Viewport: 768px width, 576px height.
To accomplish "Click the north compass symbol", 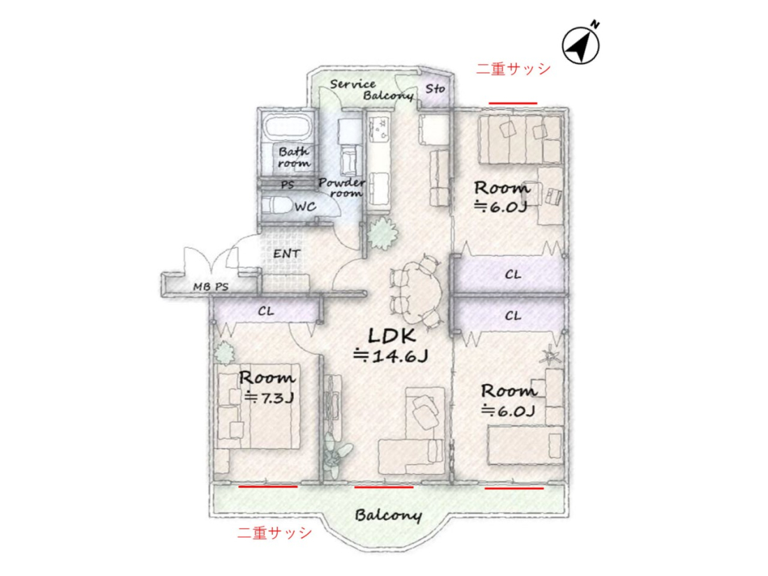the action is (x=580, y=44).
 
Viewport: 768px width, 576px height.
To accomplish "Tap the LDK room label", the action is (x=392, y=336).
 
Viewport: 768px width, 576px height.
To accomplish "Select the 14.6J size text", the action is (x=391, y=355).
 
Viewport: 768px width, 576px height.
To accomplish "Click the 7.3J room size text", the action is (x=269, y=397).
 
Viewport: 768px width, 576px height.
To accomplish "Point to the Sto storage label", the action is (x=435, y=89).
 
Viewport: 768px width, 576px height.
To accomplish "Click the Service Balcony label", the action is (x=371, y=89).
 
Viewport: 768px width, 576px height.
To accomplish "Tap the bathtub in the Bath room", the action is (x=288, y=128).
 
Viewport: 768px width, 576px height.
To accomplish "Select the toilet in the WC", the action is (x=275, y=205).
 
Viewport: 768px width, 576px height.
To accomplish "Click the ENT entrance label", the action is (x=286, y=253).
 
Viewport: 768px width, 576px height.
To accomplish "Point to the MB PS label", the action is (x=211, y=286).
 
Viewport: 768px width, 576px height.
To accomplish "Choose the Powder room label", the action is (x=341, y=188).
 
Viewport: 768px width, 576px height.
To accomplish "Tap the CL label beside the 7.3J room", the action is (x=266, y=311).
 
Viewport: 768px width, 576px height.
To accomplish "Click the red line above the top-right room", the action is (x=513, y=103).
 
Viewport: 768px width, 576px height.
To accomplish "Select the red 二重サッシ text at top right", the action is (x=513, y=68).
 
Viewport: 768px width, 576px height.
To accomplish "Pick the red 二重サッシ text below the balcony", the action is (x=274, y=533).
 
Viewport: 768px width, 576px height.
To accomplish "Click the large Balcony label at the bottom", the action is (x=388, y=515).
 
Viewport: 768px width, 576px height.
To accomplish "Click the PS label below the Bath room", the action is (x=288, y=184).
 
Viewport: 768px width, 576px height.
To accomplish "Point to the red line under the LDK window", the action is (x=384, y=487).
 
